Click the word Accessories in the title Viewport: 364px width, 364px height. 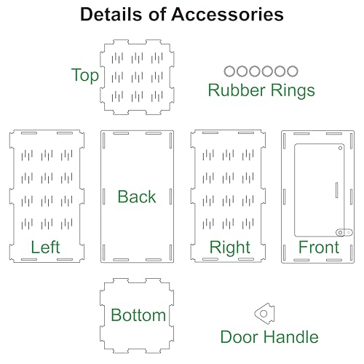point(227,15)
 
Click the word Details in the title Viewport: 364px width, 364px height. point(111,15)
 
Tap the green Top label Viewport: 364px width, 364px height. point(85,76)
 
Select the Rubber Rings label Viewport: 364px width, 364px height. point(261,90)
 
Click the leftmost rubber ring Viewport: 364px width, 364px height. point(229,71)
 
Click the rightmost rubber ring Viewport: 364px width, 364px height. point(293,71)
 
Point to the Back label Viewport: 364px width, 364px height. point(137,197)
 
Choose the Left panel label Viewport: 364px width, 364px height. point(45,247)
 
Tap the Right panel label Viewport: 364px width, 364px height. point(230,248)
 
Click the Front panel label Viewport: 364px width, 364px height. point(319,247)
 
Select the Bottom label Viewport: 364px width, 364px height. point(138,315)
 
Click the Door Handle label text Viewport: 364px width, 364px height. point(269,337)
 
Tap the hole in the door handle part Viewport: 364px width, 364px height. point(264,314)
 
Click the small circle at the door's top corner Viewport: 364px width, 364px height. point(340,148)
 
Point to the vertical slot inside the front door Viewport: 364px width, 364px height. point(336,190)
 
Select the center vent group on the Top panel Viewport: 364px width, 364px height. point(137,77)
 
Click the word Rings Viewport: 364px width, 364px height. point(293,90)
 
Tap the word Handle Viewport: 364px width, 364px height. point(291,337)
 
